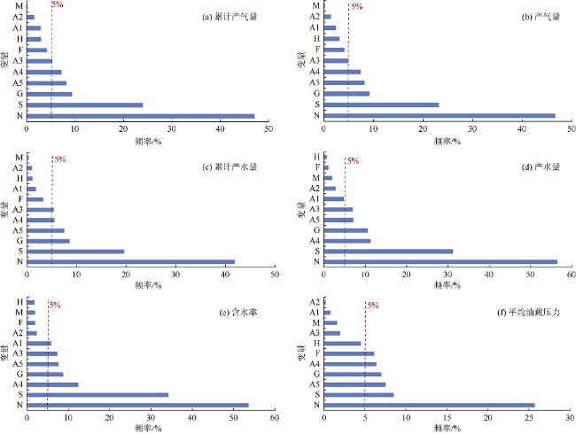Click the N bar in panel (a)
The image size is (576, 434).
(141, 116)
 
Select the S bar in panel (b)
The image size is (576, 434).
(382, 105)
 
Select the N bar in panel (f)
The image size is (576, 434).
(429, 405)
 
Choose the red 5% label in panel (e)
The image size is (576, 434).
(55, 305)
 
